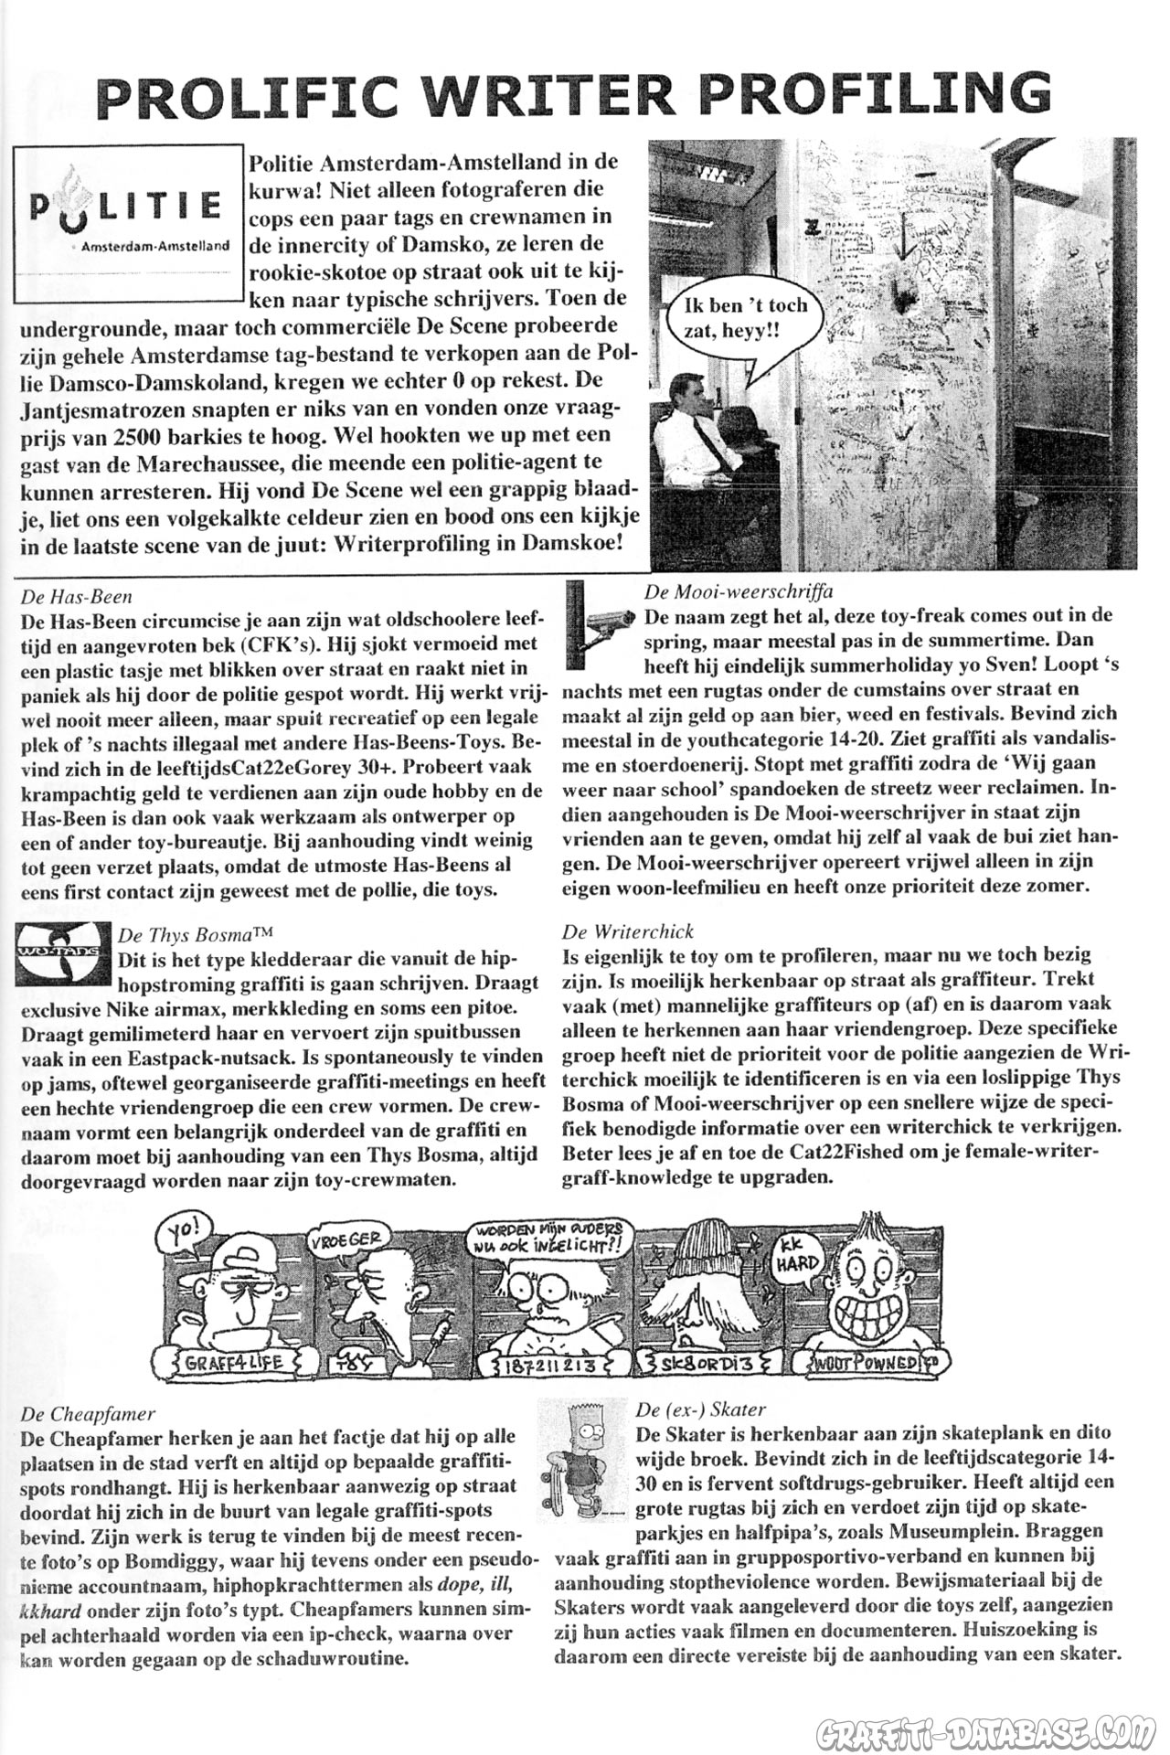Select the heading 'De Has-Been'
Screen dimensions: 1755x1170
pos(76,597)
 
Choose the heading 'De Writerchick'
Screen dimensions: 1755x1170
pos(628,931)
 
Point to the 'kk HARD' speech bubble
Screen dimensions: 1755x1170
pos(798,1260)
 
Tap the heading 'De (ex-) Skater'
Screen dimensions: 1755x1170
pos(700,1409)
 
